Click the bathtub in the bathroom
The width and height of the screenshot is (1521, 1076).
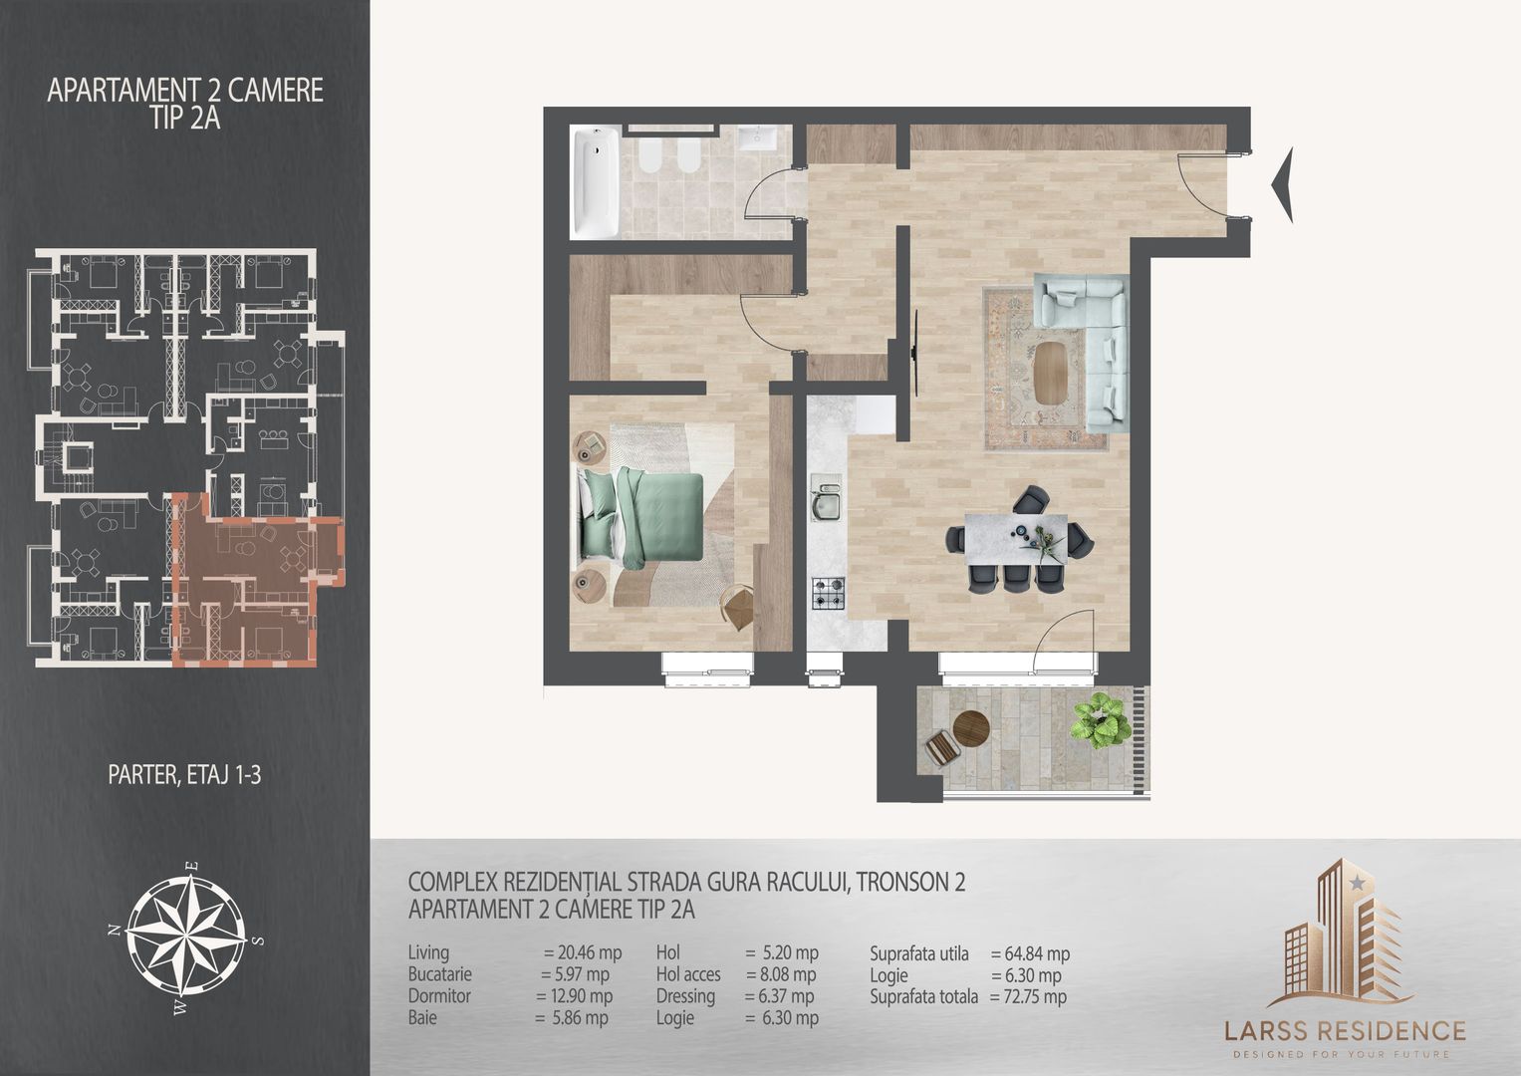595,182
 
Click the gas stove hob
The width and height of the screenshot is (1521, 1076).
829,593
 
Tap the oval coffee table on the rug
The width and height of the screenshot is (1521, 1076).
1050,373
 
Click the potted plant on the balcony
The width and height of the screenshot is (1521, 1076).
1101,720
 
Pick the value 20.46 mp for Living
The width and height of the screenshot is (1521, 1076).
590,952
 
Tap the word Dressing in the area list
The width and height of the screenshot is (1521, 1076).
685,996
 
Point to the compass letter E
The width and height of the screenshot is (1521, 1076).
193,866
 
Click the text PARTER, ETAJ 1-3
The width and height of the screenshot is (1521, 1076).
184,775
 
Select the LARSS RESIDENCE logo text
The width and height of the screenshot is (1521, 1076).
1345,1030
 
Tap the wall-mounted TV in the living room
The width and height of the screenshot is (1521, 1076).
916,352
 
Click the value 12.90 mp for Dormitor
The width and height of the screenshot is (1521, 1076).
581,996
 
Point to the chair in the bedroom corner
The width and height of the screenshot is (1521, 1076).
738,607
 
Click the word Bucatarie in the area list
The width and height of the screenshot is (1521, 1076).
440,974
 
